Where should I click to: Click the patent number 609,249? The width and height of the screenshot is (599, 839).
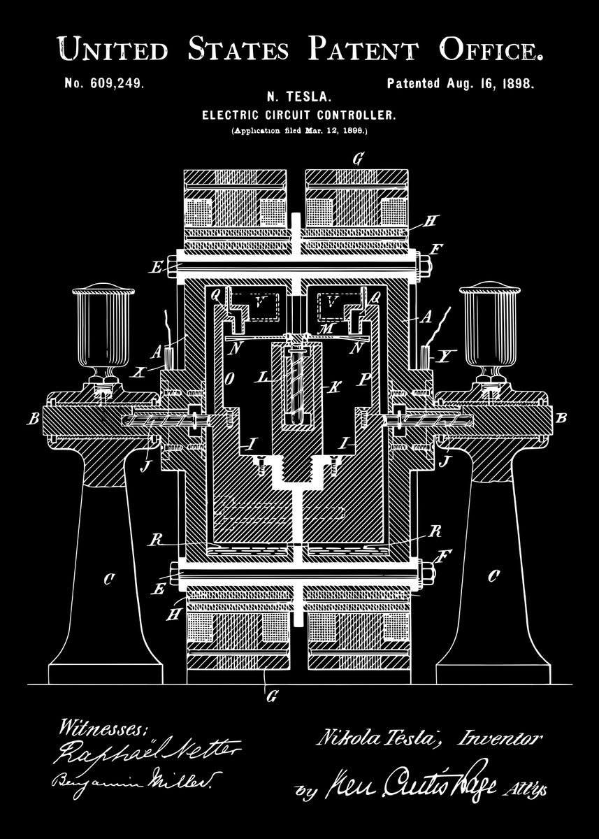(x=104, y=83)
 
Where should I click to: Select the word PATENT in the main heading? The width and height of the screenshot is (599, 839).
(x=365, y=50)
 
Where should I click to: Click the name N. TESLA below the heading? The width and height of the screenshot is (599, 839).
(x=299, y=99)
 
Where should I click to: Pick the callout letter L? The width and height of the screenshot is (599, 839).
(x=264, y=378)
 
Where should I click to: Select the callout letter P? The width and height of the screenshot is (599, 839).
(x=364, y=380)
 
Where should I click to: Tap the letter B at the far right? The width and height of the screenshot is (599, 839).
(x=561, y=419)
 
